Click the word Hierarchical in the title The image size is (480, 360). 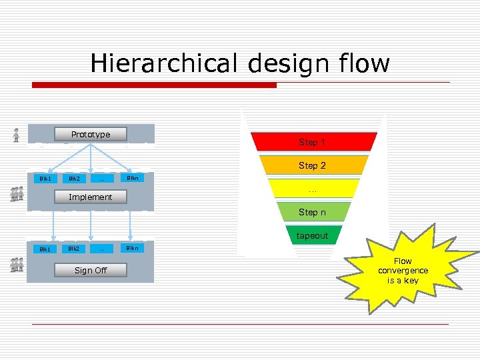tap(163, 63)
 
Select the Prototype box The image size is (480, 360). tap(91, 135)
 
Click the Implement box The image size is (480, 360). tap(91, 197)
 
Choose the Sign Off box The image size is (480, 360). tap(91, 270)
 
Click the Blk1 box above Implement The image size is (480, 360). tap(45, 179)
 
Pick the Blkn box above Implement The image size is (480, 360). tap(133, 178)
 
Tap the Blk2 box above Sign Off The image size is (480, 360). tap(73, 249)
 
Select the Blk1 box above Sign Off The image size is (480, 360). tap(45, 249)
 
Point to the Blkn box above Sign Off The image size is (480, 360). tap(133, 248)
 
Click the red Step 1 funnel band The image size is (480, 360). tap(313, 142)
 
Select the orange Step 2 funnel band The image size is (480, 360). tap(313, 165)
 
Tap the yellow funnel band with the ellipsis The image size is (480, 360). tap(313, 189)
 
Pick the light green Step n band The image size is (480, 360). tap(313, 212)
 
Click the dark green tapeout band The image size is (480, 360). tap(313, 235)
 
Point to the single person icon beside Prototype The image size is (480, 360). tap(16, 135)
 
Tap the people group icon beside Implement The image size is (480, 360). tap(17, 194)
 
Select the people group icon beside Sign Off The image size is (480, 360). tap(17, 265)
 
